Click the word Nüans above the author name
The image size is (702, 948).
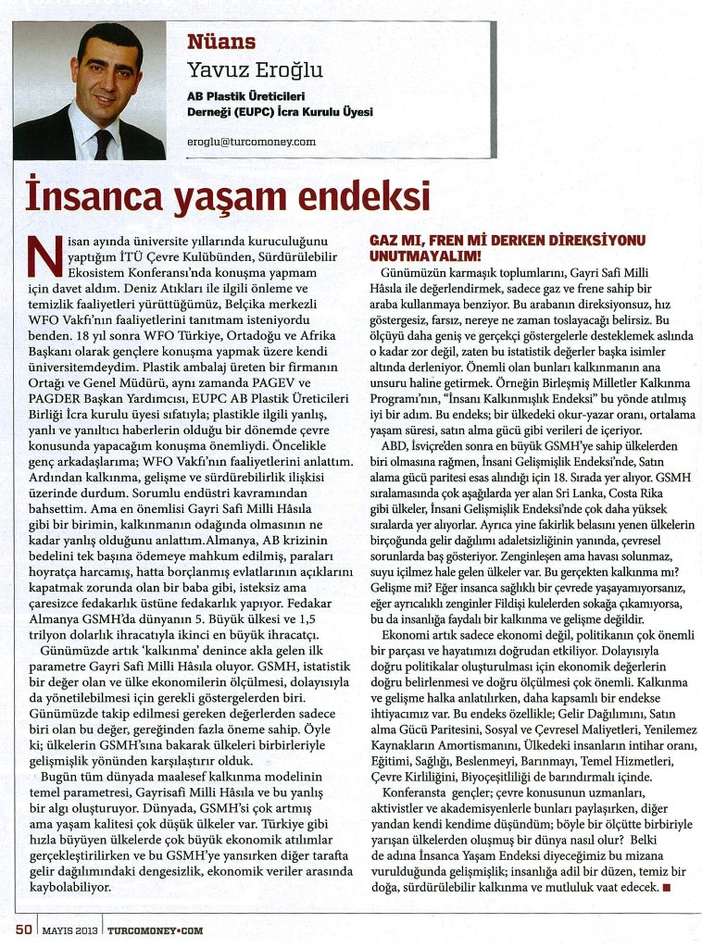click(221, 42)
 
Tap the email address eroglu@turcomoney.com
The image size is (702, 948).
click(251, 142)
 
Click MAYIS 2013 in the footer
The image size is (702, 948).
click(69, 929)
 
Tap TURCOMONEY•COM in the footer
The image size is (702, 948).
click(155, 929)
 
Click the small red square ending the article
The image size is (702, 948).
click(667, 887)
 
